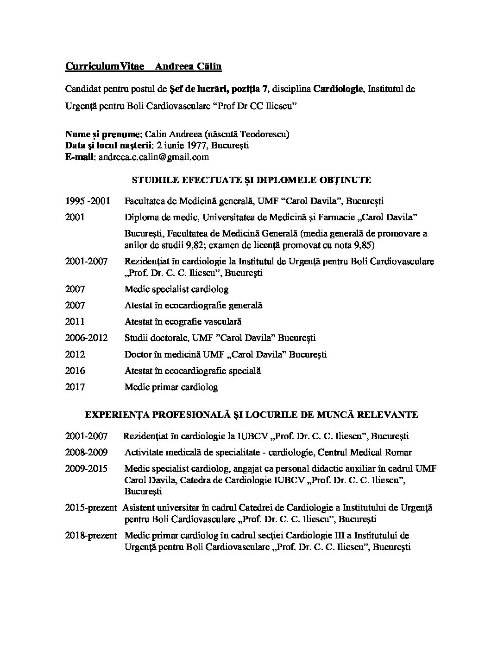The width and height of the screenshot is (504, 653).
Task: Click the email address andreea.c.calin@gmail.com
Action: (x=154, y=157)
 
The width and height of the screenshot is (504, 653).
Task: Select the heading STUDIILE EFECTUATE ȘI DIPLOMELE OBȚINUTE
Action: (x=252, y=180)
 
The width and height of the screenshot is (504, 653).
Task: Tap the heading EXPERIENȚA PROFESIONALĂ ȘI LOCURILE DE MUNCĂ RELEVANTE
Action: (x=252, y=414)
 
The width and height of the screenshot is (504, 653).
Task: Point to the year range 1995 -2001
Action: (x=88, y=201)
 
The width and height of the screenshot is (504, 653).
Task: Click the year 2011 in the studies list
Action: (x=75, y=321)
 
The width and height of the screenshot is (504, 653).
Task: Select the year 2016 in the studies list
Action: (x=75, y=371)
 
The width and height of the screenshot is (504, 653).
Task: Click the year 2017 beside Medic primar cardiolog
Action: (x=75, y=387)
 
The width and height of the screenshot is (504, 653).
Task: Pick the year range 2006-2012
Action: (x=87, y=338)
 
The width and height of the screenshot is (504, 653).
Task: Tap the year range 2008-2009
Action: (x=87, y=452)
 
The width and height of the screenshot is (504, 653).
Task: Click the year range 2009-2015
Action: (x=87, y=468)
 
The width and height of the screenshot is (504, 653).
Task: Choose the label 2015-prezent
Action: (x=91, y=508)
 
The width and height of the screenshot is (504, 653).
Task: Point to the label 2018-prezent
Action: (x=91, y=536)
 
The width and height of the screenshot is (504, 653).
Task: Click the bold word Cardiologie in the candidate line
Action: (x=338, y=89)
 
